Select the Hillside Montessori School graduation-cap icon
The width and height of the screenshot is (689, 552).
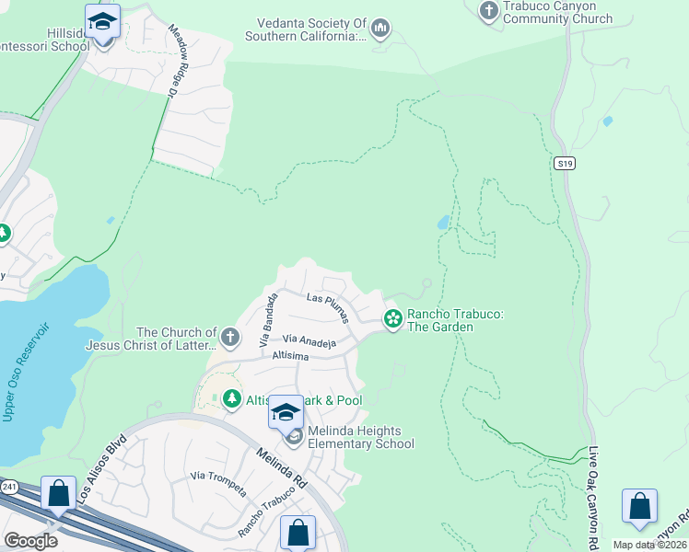102,20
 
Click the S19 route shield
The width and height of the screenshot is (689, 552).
565,163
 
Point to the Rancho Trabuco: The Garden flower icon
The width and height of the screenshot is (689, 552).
392,318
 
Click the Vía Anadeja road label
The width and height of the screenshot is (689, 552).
308,341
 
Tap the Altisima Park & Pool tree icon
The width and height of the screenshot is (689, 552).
229,398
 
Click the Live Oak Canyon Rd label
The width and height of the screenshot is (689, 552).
594,488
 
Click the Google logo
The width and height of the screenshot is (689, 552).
31,541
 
